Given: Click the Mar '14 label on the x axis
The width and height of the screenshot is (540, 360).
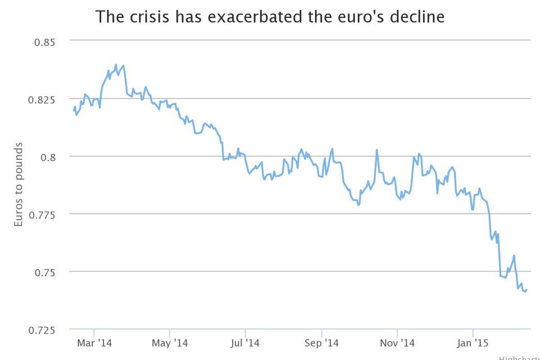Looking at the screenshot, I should pyautogui.click(x=94, y=343).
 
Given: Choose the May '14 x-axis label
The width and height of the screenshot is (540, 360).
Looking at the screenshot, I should pyautogui.click(x=170, y=343).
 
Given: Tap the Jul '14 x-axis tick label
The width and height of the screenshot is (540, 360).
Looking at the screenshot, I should pyautogui.click(x=245, y=343).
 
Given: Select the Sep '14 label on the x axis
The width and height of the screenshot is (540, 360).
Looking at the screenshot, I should pyautogui.click(x=321, y=343).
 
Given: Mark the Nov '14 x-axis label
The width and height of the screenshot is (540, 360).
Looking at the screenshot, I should pyautogui.click(x=397, y=343).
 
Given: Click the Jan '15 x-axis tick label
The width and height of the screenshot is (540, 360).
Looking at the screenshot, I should pyautogui.click(x=473, y=343).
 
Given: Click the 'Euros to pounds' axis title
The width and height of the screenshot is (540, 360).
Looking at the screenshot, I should pyautogui.click(x=19, y=184).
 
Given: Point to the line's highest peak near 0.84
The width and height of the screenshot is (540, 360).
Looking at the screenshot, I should pyautogui.click(x=116, y=65).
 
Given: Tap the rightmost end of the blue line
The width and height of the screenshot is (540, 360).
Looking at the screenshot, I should pyautogui.click(x=526, y=290).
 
